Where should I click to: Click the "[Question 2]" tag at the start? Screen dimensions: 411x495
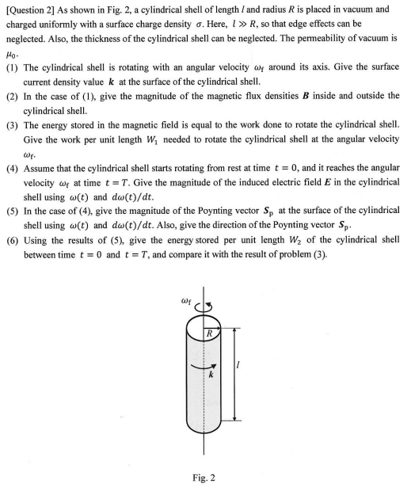point(33,9)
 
